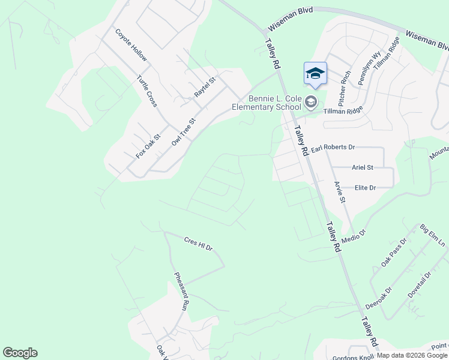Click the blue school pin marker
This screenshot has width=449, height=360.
pyautogui.click(x=315, y=74)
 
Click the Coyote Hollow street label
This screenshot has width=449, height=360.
pyautogui.click(x=131, y=45)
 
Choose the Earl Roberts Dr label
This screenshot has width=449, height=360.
pyautogui.click(x=333, y=147)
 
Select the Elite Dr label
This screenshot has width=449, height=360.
pyautogui.click(x=364, y=188)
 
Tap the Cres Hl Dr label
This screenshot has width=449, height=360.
pyautogui.click(x=198, y=243)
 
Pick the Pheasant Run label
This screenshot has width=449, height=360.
pyautogui.click(x=181, y=291)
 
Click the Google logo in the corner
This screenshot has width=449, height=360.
pyautogui.click(x=20, y=353)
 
